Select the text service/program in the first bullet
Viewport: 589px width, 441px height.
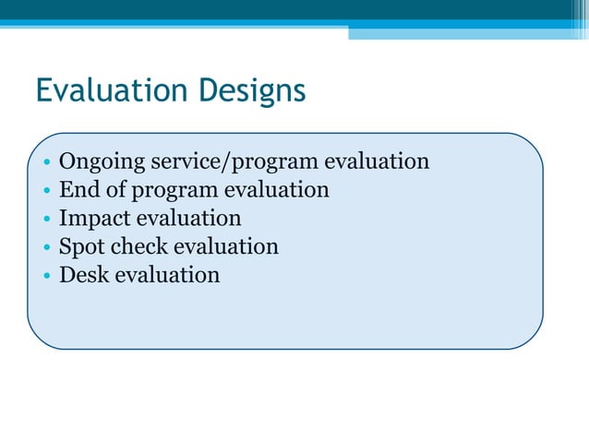234,162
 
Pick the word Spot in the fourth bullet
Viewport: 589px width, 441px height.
80,246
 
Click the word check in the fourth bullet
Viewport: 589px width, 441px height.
138,246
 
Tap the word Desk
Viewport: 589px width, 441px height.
83,275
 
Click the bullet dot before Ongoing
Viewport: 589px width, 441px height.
46,164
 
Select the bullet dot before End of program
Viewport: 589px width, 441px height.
46,192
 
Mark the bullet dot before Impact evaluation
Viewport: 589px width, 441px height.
46,220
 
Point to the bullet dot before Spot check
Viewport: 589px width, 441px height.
46,248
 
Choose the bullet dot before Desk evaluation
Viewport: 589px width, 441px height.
46,277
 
